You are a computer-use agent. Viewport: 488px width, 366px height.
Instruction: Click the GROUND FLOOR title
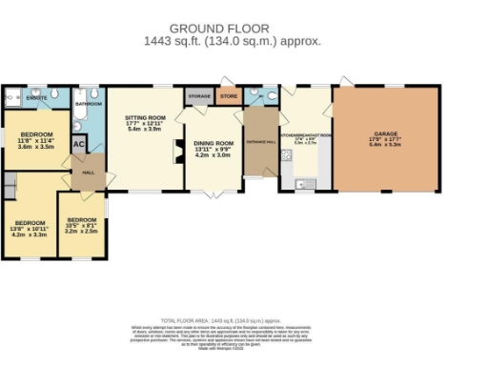click(232, 29)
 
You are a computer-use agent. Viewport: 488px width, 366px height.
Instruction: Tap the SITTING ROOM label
click(146, 121)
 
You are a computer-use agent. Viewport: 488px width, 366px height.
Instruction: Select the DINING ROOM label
click(213, 146)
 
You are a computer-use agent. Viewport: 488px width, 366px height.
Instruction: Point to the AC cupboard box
click(80, 144)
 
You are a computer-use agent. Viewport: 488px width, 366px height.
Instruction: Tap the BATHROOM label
click(89, 102)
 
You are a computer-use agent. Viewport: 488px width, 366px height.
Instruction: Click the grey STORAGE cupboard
click(198, 97)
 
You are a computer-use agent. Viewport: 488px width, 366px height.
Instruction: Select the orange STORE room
click(229, 95)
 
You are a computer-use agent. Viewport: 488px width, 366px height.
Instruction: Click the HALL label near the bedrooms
click(89, 173)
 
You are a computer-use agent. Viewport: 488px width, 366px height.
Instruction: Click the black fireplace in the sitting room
click(174, 149)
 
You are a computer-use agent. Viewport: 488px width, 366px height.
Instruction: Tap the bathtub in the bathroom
click(77, 120)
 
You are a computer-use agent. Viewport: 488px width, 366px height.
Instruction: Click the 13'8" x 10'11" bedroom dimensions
click(30, 229)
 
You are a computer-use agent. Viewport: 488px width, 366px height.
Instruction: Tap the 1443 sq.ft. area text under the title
click(232, 42)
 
